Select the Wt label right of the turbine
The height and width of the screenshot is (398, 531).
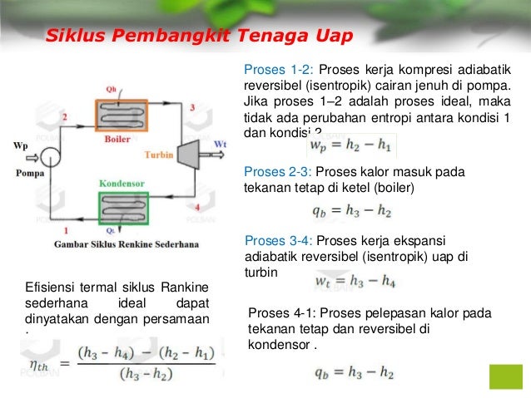(x=219, y=144)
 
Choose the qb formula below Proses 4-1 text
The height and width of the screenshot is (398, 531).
(x=353, y=372)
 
